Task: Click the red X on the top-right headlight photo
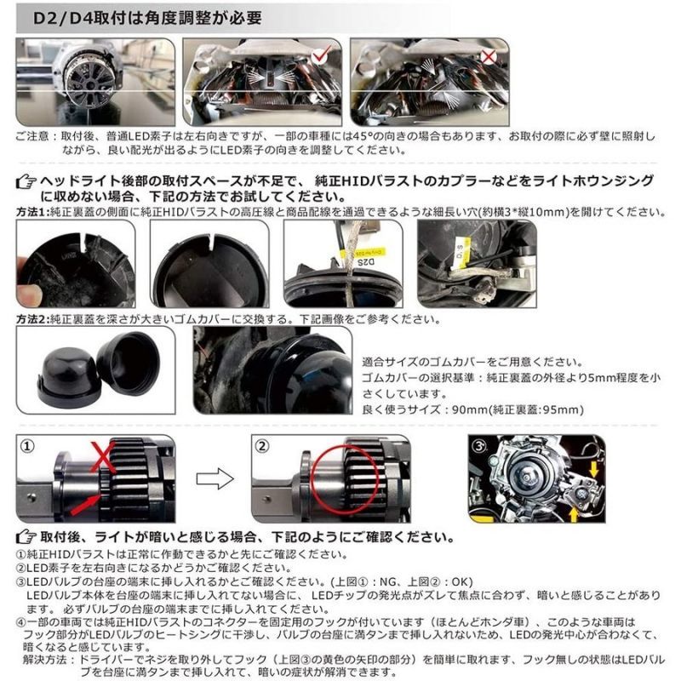489,56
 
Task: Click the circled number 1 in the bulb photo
28,446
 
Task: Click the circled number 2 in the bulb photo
262,446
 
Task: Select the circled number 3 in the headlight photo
479,445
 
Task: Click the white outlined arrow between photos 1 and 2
215,478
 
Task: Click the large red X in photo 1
103,457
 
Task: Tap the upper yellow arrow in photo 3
593,469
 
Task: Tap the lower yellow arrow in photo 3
573,514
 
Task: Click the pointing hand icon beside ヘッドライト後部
26,181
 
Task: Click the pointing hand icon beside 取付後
26,537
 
